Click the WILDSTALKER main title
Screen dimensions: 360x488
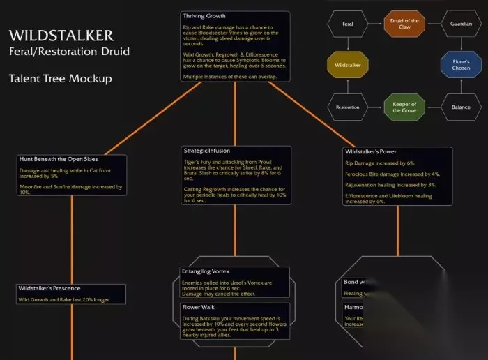[61, 36]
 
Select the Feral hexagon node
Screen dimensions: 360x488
[348, 24]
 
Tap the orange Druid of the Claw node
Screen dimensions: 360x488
[404, 24]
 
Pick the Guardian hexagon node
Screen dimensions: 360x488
[461, 24]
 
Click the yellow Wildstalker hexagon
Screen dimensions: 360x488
[348, 66]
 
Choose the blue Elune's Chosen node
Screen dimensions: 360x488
[461, 66]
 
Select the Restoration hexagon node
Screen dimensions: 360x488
[348, 107]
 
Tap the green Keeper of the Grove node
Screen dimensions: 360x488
[404, 107]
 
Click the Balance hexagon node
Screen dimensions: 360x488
[461, 107]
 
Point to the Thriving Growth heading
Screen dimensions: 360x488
[204, 16]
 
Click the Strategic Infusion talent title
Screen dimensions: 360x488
[207, 150]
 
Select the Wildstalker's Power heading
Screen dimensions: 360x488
[370, 151]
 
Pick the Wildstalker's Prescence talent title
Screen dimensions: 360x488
[49, 288]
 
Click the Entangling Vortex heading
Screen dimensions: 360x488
[206, 271]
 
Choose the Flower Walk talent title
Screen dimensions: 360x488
[198, 306]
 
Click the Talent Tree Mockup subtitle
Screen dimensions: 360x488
[60, 79]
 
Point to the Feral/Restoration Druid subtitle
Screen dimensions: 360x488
[69, 52]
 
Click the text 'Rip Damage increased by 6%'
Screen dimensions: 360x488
[380, 163]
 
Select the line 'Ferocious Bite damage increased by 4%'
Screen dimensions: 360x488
[392, 174]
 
